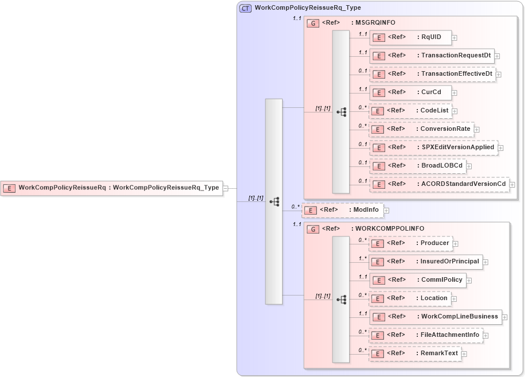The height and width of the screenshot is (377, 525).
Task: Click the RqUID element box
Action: [410, 38]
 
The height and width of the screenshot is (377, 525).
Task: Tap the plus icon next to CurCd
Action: [455, 93]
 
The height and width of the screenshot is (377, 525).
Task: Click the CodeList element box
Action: [410, 111]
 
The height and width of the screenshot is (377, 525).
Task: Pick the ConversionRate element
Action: [421, 129]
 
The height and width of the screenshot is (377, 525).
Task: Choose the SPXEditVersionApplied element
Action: [433, 147]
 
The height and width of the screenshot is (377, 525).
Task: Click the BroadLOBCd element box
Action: [417, 166]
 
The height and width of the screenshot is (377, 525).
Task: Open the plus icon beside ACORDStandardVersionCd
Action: [512, 185]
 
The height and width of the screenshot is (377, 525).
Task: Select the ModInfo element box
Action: [343, 210]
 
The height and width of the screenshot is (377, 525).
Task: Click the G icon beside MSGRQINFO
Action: [313, 23]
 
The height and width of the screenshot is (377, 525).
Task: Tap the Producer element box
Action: [410, 243]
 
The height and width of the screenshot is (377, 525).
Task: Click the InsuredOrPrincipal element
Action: [425, 262]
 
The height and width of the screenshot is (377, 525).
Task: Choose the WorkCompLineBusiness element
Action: [436, 317]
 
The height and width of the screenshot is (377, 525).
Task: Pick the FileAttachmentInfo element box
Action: [425, 335]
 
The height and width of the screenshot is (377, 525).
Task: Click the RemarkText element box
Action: [414, 353]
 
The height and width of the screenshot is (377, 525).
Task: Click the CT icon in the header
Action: [245, 8]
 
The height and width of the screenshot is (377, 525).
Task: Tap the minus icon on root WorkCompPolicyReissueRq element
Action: [225, 188]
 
